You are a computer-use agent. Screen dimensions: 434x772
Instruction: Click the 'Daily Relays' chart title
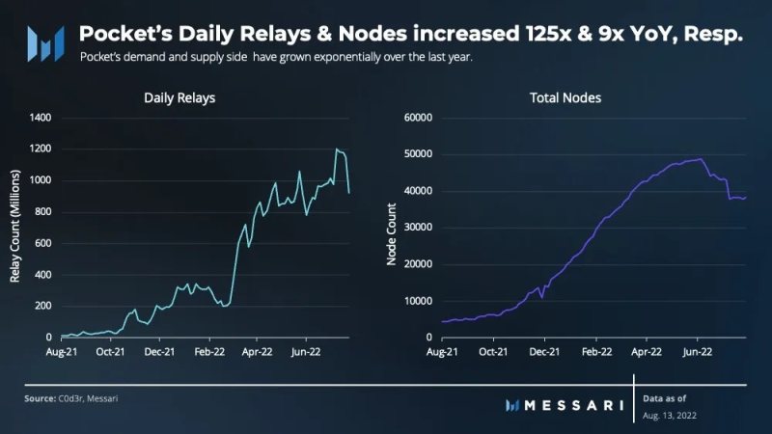179,97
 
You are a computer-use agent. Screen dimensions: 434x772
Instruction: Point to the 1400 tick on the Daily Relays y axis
41,118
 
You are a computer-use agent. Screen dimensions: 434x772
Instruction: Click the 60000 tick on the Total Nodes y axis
415,118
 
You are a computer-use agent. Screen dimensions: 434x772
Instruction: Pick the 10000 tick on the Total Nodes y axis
415,301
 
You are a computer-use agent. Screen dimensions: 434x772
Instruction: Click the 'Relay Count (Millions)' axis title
15,228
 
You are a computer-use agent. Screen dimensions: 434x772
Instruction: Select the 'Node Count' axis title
393,228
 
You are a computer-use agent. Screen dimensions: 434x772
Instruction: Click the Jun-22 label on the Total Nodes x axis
696,352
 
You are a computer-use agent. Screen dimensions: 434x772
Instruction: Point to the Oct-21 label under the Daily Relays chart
111,352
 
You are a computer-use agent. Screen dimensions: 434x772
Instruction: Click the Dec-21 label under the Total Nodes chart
544,352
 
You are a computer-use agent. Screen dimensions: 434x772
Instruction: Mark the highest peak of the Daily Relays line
337,149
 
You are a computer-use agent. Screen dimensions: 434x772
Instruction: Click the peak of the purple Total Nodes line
699,159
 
